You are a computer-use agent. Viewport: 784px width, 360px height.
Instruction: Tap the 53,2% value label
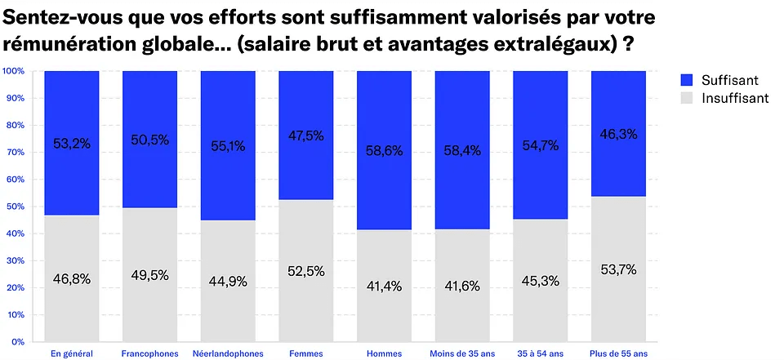click(72, 144)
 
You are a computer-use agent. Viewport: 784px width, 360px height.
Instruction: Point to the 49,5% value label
click(149, 275)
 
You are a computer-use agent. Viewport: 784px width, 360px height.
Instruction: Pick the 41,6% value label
click(462, 286)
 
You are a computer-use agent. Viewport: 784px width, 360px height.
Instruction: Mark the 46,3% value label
click(618, 132)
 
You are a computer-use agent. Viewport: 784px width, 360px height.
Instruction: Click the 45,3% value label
click(540, 281)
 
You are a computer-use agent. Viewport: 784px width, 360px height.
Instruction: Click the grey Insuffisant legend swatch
click(686, 98)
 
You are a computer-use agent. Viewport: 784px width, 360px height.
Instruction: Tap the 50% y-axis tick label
click(16, 207)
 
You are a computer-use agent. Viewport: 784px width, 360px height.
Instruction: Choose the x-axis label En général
click(72, 353)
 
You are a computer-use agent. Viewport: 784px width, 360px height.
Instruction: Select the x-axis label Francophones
click(149, 353)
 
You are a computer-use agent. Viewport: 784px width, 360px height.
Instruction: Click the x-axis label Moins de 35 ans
click(462, 353)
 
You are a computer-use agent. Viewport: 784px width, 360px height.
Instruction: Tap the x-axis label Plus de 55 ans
click(618, 353)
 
